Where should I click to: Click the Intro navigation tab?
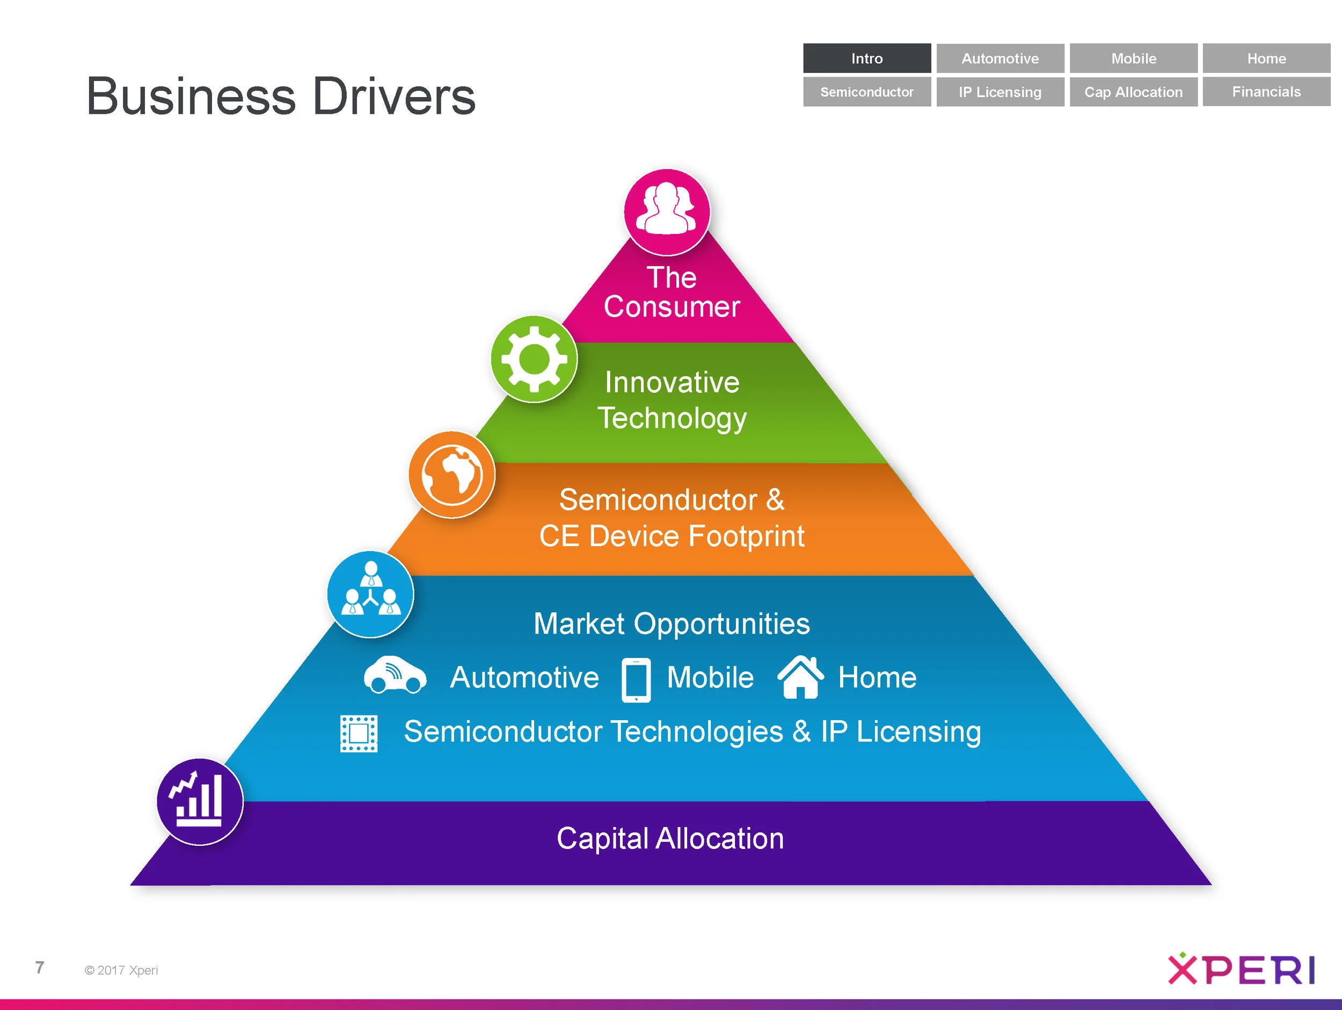point(866,58)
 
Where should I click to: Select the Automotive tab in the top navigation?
point(1000,58)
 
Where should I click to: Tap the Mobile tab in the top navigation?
point(1133,58)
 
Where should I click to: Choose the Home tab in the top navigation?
point(1266,58)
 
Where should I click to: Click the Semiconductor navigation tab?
point(866,92)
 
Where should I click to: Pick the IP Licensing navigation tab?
point(1000,92)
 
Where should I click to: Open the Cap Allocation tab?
point(1133,92)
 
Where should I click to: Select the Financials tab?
point(1266,92)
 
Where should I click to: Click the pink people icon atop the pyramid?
point(667,211)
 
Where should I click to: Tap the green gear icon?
point(534,358)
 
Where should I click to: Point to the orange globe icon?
point(452,474)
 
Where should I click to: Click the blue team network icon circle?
point(370,594)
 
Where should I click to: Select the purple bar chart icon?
point(200,801)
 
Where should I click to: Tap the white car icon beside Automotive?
point(395,675)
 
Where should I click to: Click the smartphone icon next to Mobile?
point(636,679)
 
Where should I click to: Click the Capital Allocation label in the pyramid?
point(670,838)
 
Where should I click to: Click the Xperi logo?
point(1241,969)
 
